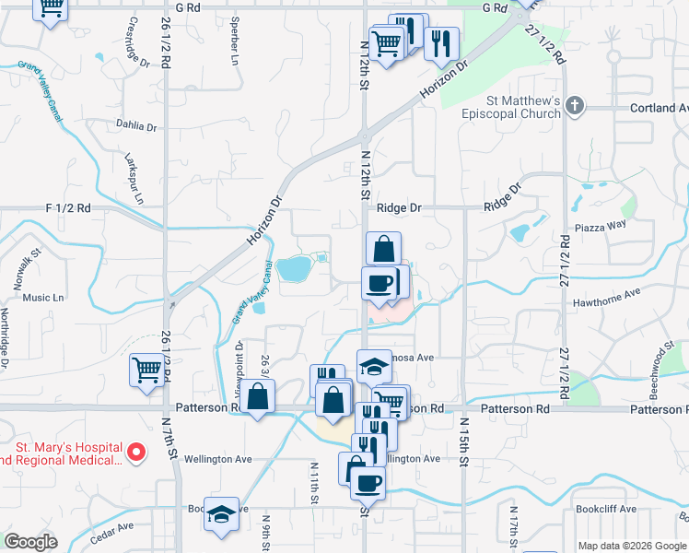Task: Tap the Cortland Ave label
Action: [x=653, y=108]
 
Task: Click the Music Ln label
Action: [x=43, y=298]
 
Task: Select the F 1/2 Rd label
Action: [x=69, y=208]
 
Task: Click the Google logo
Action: [x=30, y=542]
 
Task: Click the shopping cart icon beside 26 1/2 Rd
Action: [x=146, y=371]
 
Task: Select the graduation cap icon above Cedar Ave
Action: [x=221, y=514]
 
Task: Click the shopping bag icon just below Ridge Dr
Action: [x=383, y=249]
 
